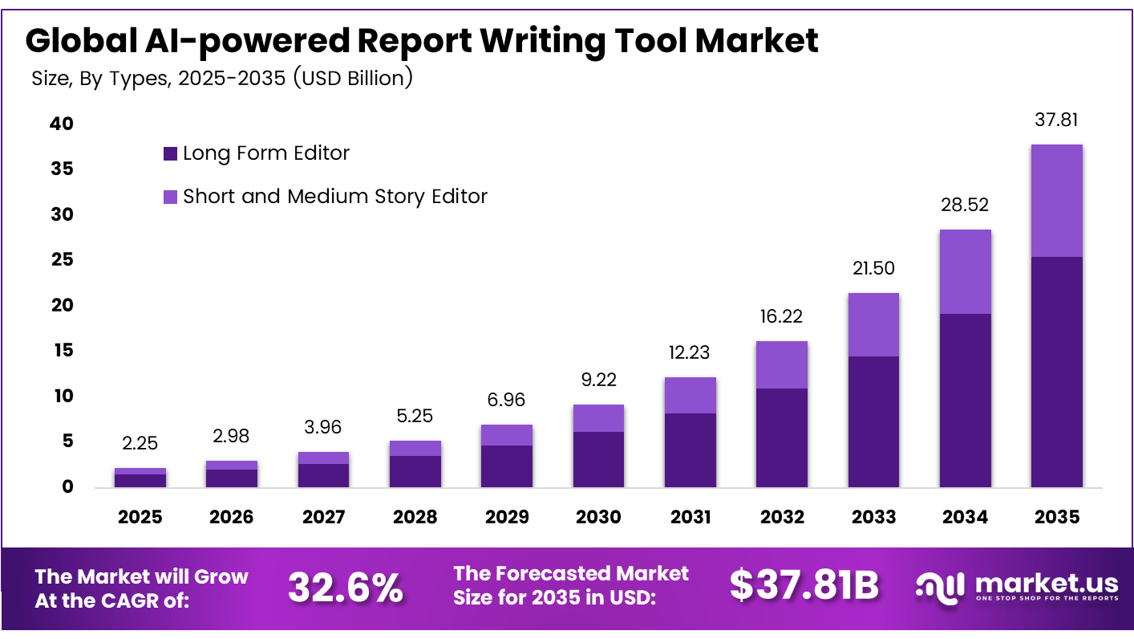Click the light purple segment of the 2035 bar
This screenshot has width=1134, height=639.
(1056, 201)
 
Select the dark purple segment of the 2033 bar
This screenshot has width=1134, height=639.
(873, 421)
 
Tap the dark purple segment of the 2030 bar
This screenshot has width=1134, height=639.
(598, 460)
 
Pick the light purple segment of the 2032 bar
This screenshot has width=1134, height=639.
(782, 364)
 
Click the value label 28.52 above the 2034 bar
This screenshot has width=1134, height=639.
(965, 205)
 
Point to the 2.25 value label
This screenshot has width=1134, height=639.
(140, 443)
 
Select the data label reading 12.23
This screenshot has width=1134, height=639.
(689, 352)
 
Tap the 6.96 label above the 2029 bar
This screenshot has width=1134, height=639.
(506, 400)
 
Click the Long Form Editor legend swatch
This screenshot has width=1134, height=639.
(170, 153)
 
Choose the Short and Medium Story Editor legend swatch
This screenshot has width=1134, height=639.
(170, 197)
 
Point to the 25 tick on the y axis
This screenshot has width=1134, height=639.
(63, 259)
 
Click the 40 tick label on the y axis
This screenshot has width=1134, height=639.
(62, 124)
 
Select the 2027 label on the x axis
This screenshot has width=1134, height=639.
(323, 517)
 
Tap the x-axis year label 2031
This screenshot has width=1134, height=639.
(691, 517)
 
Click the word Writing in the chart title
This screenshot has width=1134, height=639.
(543, 41)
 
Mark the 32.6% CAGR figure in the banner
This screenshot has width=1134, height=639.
(346, 588)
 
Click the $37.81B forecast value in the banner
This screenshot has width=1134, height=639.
(804, 584)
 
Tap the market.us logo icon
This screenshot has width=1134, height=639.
(940, 588)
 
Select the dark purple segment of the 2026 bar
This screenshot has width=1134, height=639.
(231, 478)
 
